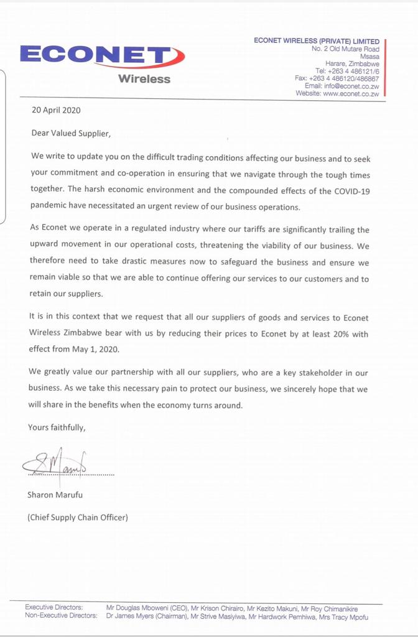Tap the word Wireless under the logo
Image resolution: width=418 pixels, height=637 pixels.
point(144,79)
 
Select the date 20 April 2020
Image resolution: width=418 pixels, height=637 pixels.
point(56,111)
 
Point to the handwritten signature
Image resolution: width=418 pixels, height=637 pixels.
point(55,462)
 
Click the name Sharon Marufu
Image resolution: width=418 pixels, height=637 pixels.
point(55,495)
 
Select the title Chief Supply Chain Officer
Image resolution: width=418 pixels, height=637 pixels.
point(78,517)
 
